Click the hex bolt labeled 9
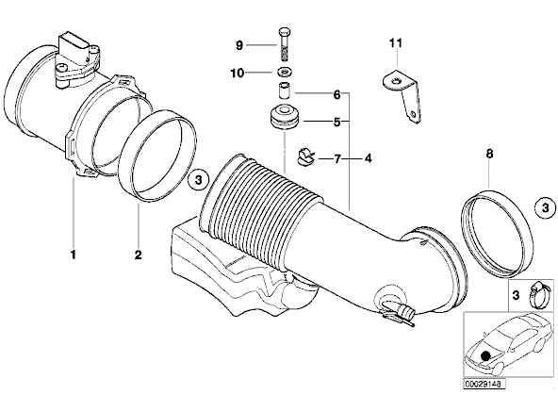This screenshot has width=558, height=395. [284, 45]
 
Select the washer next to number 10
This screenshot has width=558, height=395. [284, 73]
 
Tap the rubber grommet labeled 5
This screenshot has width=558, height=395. [284, 117]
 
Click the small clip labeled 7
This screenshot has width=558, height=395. [305, 156]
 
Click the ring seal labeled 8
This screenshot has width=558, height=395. [499, 234]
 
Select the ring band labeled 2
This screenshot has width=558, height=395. [156, 156]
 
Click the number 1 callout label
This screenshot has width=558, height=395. [74, 255]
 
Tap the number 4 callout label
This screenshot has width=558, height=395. [368, 158]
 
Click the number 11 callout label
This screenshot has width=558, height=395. [396, 43]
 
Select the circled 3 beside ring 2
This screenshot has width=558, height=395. [198, 180]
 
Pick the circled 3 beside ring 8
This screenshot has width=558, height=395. [546, 207]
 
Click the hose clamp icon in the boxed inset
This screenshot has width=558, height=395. [537, 295]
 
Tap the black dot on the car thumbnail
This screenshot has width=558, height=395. [484, 355]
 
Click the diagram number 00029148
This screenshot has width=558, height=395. [484, 384]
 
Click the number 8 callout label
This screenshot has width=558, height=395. [489, 154]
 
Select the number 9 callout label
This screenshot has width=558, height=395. [239, 45]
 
